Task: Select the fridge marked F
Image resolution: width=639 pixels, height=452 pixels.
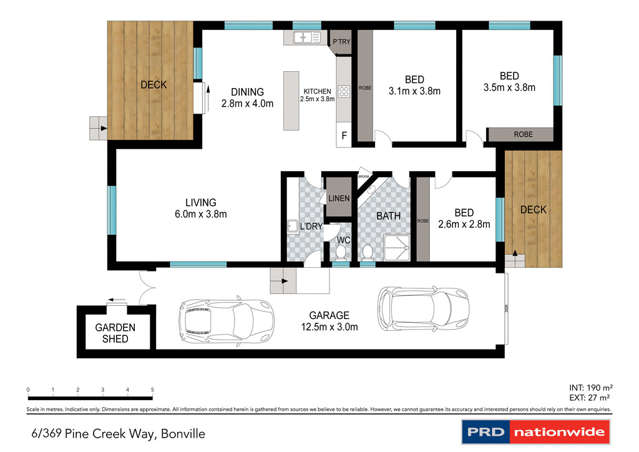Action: coord(344,135)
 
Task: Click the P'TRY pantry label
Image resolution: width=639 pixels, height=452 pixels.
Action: coord(341,42)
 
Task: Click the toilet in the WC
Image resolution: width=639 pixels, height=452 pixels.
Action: coord(341,252)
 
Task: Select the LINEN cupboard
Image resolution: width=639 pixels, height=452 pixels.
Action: coord(339,198)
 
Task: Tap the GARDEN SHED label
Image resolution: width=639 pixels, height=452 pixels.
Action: coord(115,333)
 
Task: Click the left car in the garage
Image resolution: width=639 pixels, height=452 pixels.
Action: coord(226,320)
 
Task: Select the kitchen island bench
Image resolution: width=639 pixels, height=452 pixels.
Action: coord(291,101)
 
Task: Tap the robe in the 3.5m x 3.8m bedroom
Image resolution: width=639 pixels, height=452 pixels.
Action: coord(520,134)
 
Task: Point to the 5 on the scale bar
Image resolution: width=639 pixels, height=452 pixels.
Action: coord(152,390)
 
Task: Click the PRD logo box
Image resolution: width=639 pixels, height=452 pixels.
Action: coord(485,431)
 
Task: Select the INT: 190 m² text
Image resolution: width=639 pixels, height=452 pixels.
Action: coord(590,386)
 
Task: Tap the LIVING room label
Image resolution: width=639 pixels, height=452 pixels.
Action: coord(200,202)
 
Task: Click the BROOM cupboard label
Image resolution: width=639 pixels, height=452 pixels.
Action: coord(363,177)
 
